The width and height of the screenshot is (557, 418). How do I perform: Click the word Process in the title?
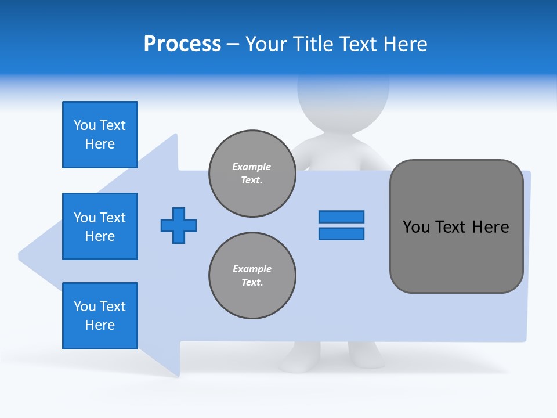point(182,44)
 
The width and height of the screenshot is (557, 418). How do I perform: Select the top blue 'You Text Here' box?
point(100,135)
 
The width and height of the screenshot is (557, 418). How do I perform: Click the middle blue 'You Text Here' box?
point(100,226)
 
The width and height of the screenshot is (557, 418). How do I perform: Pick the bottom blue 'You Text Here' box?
point(100,316)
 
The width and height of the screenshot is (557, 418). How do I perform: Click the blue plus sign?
point(179,225)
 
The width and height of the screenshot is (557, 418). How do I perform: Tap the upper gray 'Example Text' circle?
point(252,174)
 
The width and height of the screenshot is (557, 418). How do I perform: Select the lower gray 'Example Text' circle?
point(252,276)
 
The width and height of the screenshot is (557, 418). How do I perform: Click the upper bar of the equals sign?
point(341,217)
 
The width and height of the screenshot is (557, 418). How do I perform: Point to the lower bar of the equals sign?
point(341,233)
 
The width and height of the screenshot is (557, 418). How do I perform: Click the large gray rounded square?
point(456,226)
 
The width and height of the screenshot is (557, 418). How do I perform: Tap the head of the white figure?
point(343,96)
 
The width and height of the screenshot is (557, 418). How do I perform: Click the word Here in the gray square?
point(490,226)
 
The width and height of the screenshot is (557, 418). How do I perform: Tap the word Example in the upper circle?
point(252,167)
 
